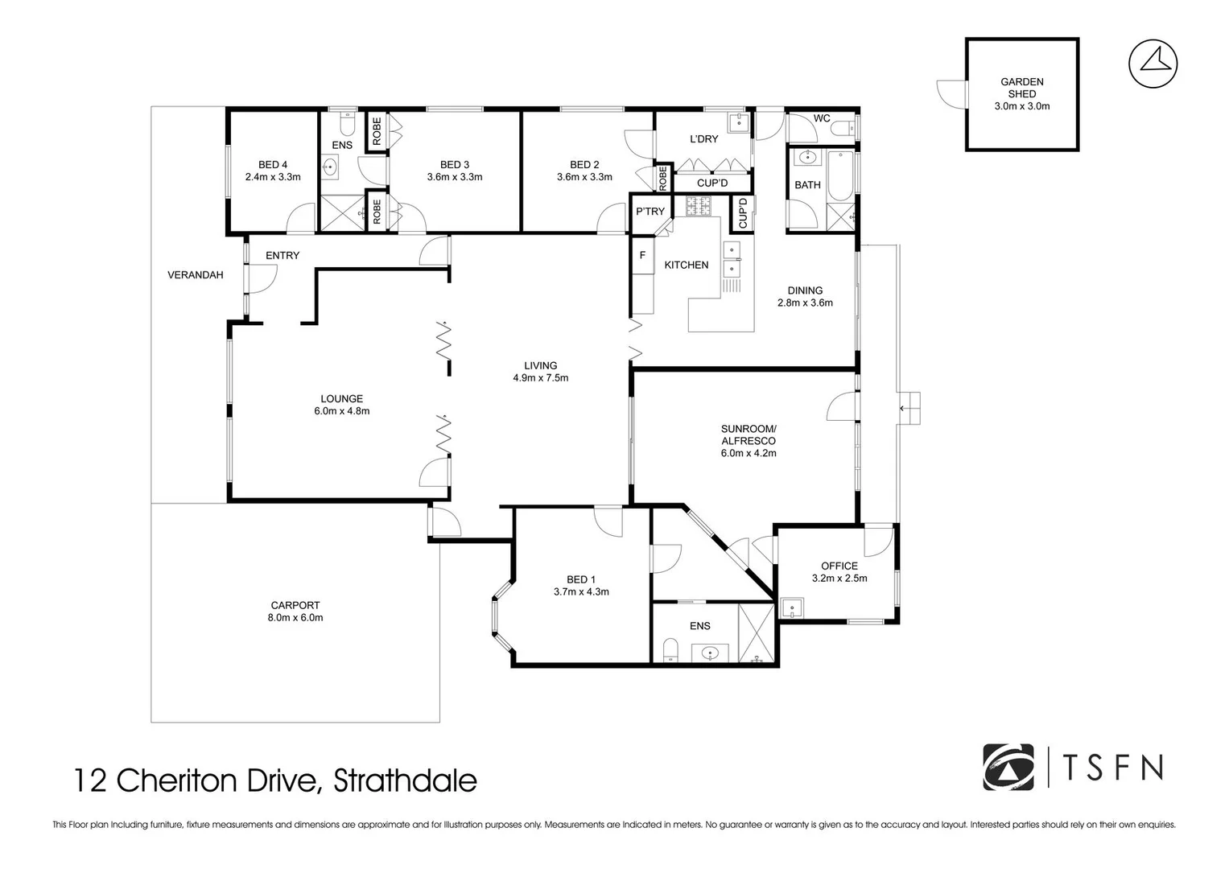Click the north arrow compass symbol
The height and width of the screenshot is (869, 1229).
coord(1153,64)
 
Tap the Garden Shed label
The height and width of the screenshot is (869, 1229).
coord(1021,88)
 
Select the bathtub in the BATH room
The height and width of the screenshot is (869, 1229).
coord(840,175)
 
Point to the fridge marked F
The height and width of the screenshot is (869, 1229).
coord(642,255)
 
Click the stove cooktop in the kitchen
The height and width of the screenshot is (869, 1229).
coord(698,206)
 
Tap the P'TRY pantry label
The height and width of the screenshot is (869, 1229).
coord(650,211)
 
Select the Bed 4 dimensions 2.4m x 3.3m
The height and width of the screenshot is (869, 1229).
coord(273,177)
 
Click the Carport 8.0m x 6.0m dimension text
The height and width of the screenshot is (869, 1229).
coord(295,617)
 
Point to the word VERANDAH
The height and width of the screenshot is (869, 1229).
coord(196,275)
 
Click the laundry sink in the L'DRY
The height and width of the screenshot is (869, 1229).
coord(739,122)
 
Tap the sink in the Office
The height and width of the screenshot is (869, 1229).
coord(792,607)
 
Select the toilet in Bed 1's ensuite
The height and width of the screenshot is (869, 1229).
coord(670,650)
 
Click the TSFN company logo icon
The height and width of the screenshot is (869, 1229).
coord(1008,767)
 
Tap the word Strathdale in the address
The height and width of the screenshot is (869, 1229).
coord(405,780)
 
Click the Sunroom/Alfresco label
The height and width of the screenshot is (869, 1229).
coord(749,434)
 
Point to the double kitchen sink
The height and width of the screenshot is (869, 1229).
coord(732,259)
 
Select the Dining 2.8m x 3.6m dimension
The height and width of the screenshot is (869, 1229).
coord(805,303)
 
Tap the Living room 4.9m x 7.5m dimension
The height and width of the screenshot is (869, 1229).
coord(540,377)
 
